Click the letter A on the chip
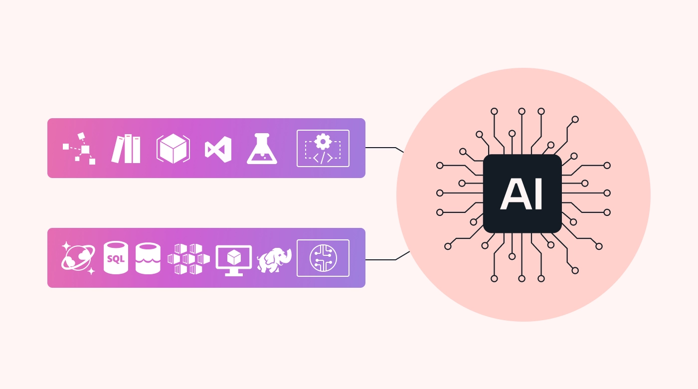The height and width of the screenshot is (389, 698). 514,194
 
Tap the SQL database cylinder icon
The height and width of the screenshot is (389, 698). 116,258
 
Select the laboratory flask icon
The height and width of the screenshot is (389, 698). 262,149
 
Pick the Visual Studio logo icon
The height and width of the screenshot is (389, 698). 218,149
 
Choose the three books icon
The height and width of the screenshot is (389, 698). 126,149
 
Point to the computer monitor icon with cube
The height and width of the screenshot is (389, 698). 233,260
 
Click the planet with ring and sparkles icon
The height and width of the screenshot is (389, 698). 78,258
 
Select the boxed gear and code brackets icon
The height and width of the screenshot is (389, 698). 323,148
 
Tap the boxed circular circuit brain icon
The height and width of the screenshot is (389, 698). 323,258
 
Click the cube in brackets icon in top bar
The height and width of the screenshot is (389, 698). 173,149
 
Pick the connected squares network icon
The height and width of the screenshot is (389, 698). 79,149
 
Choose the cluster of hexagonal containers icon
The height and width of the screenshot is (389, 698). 188,259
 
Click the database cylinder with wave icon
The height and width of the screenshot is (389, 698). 148,258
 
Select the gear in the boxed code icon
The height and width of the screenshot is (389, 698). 323,141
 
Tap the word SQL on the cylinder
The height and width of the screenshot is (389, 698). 116,259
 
